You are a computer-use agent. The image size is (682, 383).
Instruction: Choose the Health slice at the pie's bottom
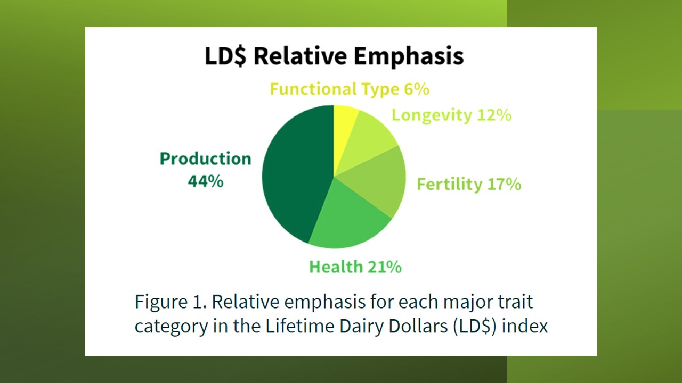pos(347,219)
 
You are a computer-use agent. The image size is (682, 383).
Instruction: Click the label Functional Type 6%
pos(350,89)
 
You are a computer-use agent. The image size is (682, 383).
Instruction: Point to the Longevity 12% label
pos(451,115)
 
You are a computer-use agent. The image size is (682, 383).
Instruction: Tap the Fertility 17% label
pos(469,184)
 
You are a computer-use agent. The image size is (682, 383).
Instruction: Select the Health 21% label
pos(355,267)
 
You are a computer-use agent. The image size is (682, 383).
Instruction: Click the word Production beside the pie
pos(206,159)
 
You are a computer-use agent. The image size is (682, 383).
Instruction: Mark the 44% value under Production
pos(206,181)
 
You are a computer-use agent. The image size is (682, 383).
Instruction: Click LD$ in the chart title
pos(225,56)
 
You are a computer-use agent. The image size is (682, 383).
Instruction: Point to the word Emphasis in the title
pos(409,56)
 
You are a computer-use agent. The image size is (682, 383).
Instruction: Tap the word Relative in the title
pos(300,56)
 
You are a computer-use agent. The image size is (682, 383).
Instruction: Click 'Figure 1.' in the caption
pos(171,302)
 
